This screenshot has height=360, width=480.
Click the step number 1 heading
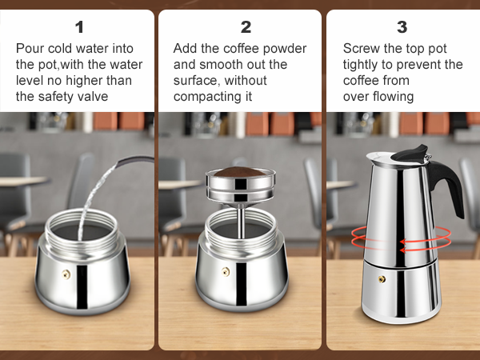tap(78, 27)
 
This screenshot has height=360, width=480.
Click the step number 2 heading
tap(246, 27)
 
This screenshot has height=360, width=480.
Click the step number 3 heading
tap(402, 27)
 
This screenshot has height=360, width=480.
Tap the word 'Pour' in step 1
tap(30, 49)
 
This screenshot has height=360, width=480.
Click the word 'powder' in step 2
tap(286, 49)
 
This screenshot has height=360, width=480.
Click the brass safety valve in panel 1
tap(66, 273)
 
